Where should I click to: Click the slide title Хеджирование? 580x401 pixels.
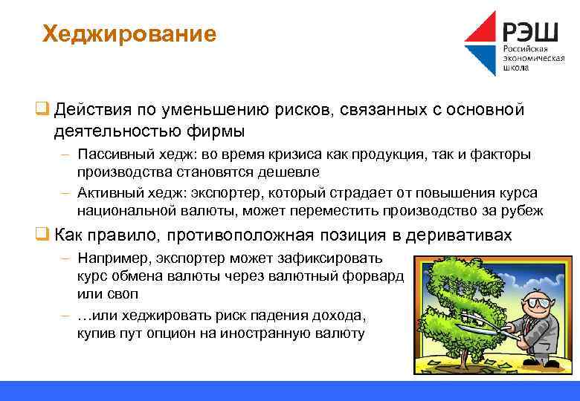tap(129, 34)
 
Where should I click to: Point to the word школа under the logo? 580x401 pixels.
tap(517, 68)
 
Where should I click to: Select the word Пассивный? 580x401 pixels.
tap(113, 154)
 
